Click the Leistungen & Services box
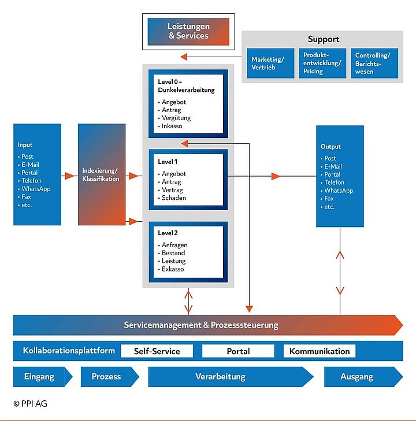coord(188,31)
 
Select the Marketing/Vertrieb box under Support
coord(268,64)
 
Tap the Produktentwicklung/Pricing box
coord(322,64)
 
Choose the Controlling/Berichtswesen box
coord(374,64)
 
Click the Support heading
coord(323,39)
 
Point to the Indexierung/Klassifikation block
coord(102,174)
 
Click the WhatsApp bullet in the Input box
coord(35,189)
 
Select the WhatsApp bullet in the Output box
coord(339,191)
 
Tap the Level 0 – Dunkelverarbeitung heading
coord(186,86)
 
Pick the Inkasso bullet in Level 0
coord(174,126)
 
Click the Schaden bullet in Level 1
coord(174,198)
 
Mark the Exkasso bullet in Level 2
coord(173,269)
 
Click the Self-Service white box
coord(157,351)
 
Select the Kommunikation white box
coord(320,351)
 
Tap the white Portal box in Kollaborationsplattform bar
coord(238,351)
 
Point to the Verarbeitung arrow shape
coord(228,377)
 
